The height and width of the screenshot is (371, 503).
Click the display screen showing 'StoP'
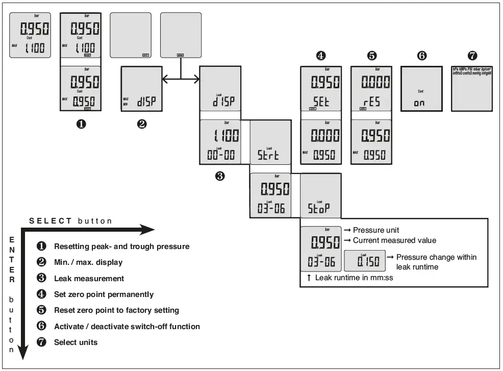tap(320, 196)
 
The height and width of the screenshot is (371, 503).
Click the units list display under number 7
tap(471, 89)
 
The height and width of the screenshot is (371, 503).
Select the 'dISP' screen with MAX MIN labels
tap(141, 89)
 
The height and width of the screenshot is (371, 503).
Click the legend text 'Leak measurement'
tap(89, 279)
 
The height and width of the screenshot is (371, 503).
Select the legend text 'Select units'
tap(76, 342)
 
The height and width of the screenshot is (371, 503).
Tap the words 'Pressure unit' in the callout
tap(376, 230)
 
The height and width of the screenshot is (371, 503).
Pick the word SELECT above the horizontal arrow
tap(51, 221)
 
